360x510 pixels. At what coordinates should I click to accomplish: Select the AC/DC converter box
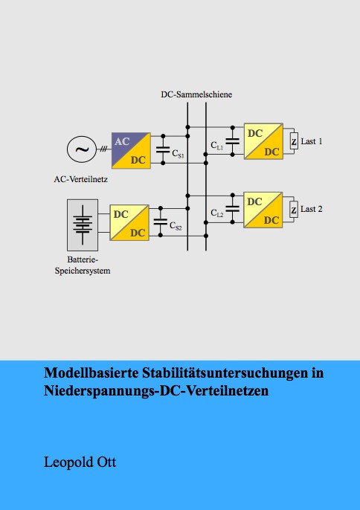131,151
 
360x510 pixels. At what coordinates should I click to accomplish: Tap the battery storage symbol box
83,225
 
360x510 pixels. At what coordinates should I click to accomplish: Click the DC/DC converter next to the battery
129,223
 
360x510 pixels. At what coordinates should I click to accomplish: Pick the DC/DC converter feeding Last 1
263,141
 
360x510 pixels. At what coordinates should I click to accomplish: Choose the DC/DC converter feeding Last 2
263,210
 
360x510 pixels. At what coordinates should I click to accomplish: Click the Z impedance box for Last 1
294,141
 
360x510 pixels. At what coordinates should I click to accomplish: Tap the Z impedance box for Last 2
294,210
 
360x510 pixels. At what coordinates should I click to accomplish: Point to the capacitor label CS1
178,153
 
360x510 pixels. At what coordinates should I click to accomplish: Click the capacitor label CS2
176,226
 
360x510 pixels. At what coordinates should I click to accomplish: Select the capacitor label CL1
217,146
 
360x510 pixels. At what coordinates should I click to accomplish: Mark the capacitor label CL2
217,213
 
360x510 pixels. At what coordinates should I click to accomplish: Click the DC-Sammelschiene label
196,94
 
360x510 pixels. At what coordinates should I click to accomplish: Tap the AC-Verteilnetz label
81,179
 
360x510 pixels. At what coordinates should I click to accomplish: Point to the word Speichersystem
83,271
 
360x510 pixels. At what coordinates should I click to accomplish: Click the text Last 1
312,141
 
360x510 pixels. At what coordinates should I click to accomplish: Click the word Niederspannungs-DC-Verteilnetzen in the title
156,390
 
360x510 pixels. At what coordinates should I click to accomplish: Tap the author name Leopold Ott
80,462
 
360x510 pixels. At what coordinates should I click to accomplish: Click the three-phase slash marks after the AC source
103,149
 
